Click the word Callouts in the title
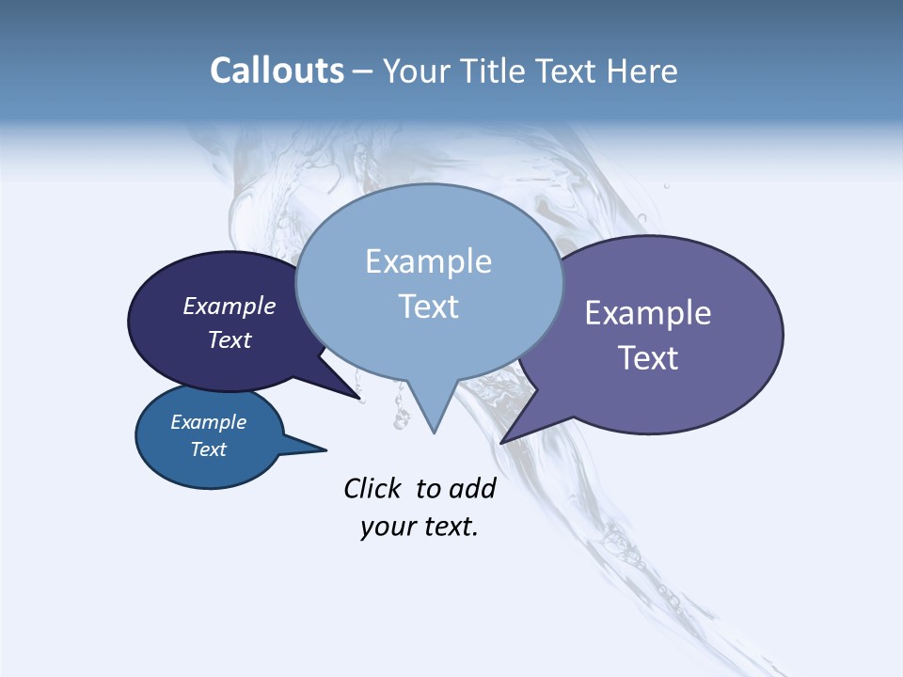277,71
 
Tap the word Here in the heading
642,71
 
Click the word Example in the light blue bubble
428,261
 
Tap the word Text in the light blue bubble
428,307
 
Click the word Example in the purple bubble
648,313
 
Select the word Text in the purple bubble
648,358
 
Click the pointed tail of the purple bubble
503,441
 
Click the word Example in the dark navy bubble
230,306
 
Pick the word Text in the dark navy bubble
230,339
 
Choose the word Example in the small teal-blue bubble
209,422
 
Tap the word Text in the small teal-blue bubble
209,449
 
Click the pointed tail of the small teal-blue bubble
325,449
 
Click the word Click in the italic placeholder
372,488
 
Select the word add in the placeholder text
472,488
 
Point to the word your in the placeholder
388,527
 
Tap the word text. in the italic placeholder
448,527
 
